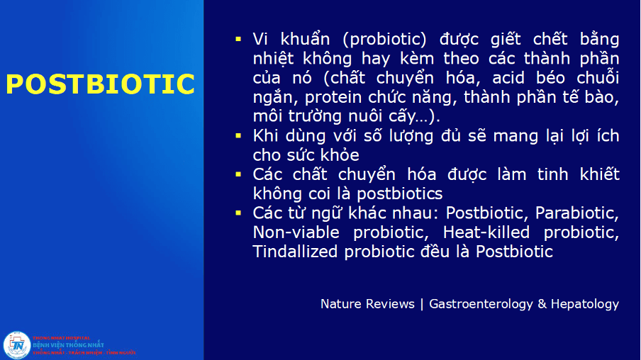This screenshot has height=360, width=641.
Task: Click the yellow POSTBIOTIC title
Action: click(x=100, y=84)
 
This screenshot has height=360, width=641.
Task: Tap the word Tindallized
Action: click(x=295, y=251)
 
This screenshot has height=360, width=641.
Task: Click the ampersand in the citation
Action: click(x=542, y=304)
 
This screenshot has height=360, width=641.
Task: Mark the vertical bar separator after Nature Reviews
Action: click(x=422, y=304)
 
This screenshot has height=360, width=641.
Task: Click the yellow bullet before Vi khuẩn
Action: click(x=239, y=37)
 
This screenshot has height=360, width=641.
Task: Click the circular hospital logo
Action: click(x=16, y=344)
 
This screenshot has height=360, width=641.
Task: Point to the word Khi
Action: click(x=266, y=135)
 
